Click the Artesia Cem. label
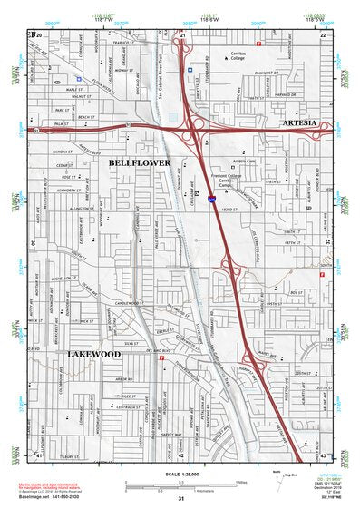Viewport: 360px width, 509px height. click(246, 161)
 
